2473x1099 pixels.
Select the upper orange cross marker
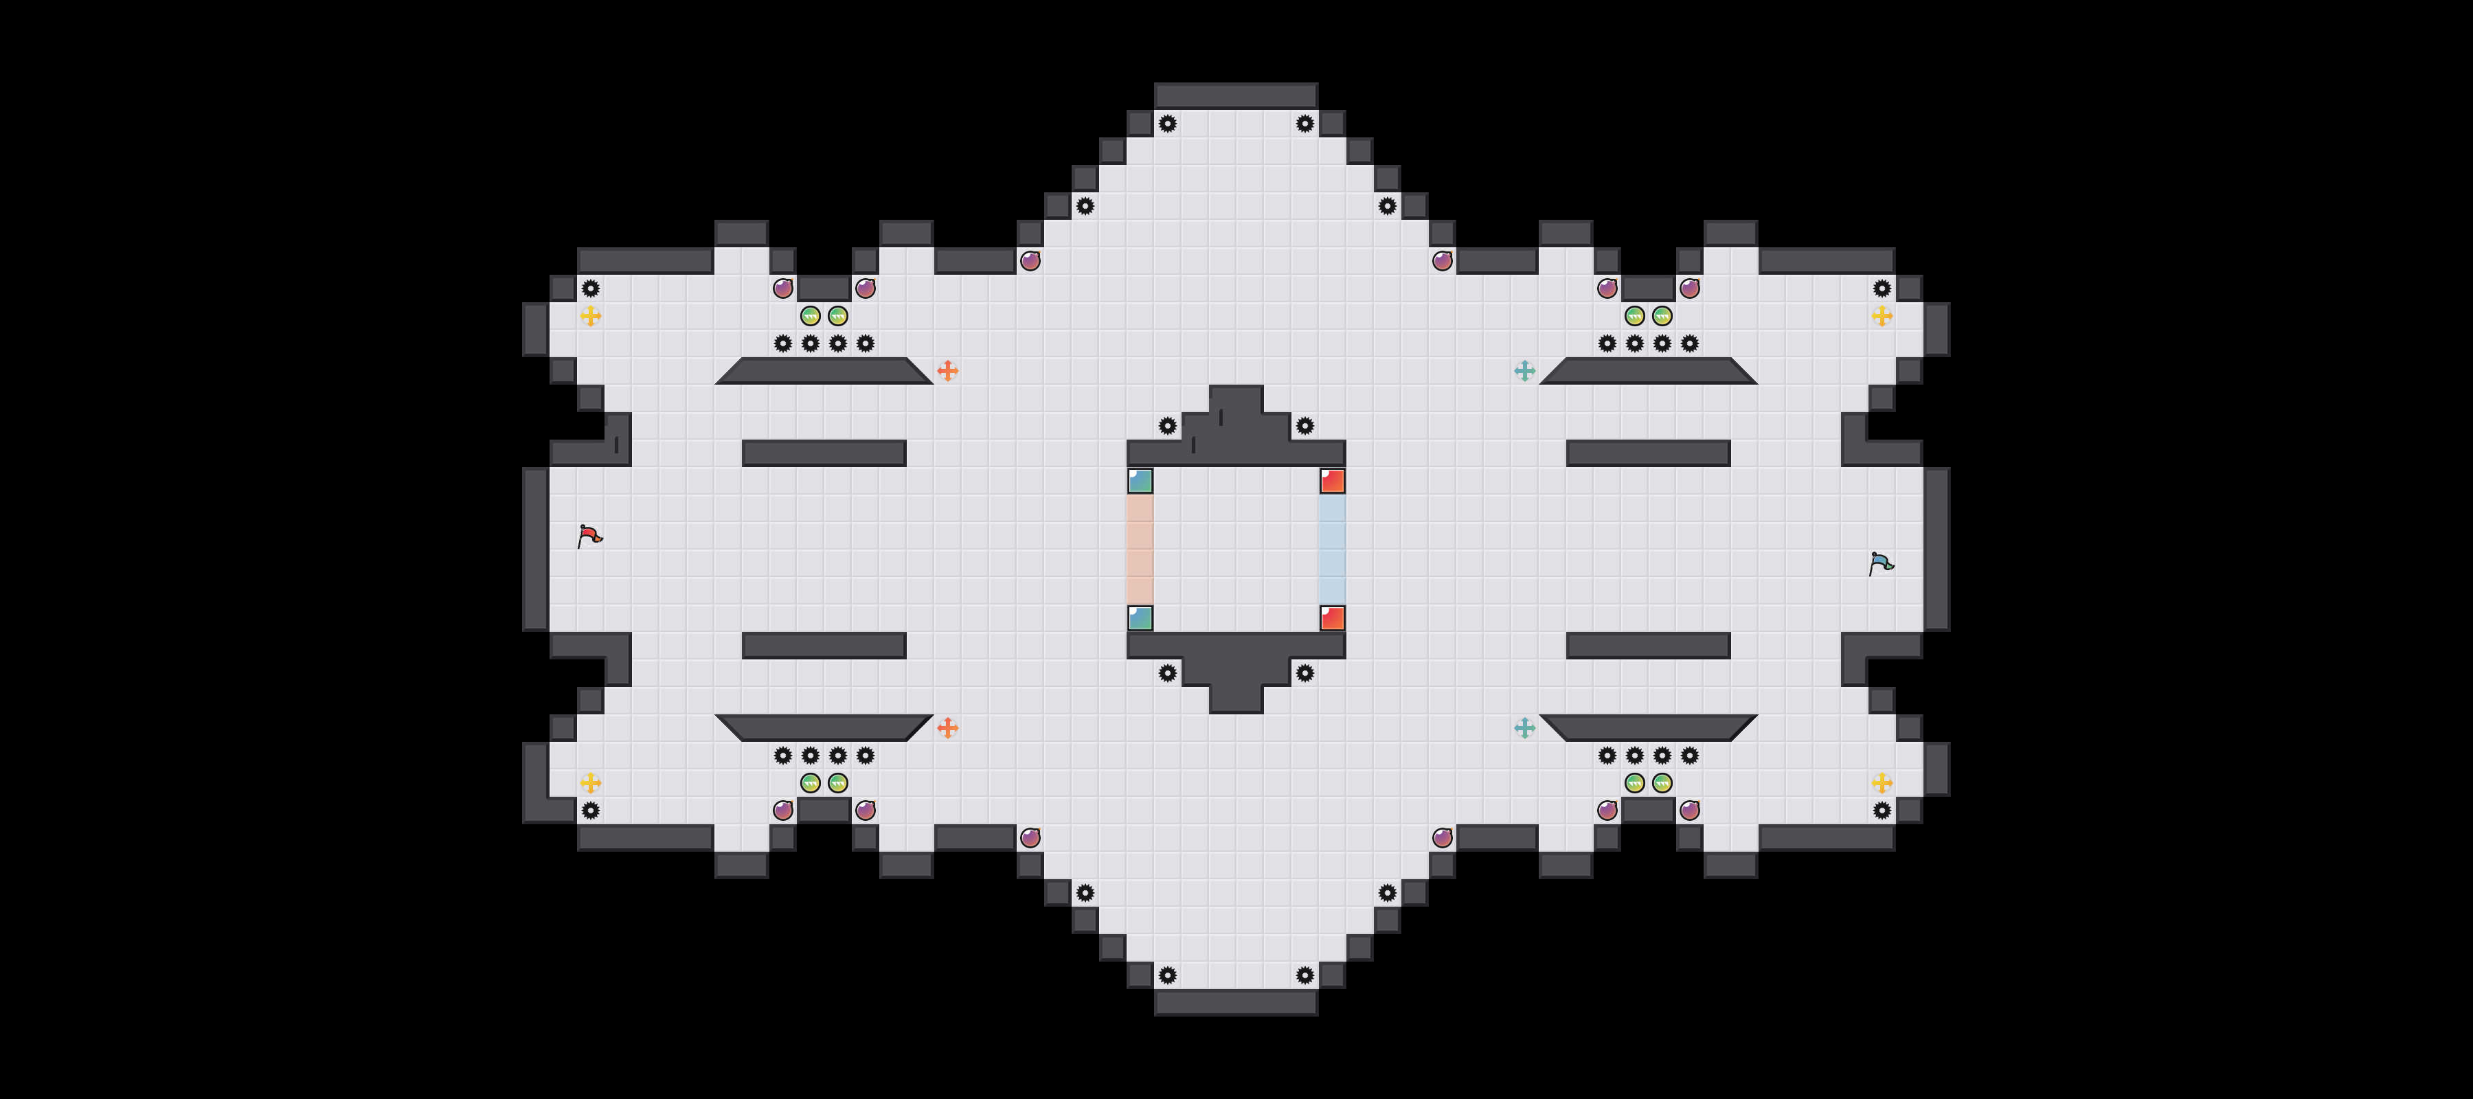[947, 370]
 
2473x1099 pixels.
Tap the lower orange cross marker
[947, 727]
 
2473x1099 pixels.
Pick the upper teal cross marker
[1524, 370]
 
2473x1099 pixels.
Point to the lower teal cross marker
[1524, 727]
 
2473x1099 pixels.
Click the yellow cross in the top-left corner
[590, 316]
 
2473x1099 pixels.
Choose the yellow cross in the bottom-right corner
[1882, 782]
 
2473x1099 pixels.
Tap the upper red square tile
[1333, 481]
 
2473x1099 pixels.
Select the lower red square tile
[1333, 618]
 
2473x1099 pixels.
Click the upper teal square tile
[1140, 481]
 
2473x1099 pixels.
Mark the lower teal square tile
[1140, 618]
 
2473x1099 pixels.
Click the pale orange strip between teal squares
[1140, 549]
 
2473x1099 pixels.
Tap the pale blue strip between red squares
[1333, 549]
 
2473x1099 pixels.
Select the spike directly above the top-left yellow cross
[590, 288]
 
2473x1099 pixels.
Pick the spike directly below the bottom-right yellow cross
[1882, 810]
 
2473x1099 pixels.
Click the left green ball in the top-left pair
[811, 316]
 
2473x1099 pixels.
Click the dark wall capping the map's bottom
[1236, 1002]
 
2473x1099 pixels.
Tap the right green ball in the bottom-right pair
[1662, 782]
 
